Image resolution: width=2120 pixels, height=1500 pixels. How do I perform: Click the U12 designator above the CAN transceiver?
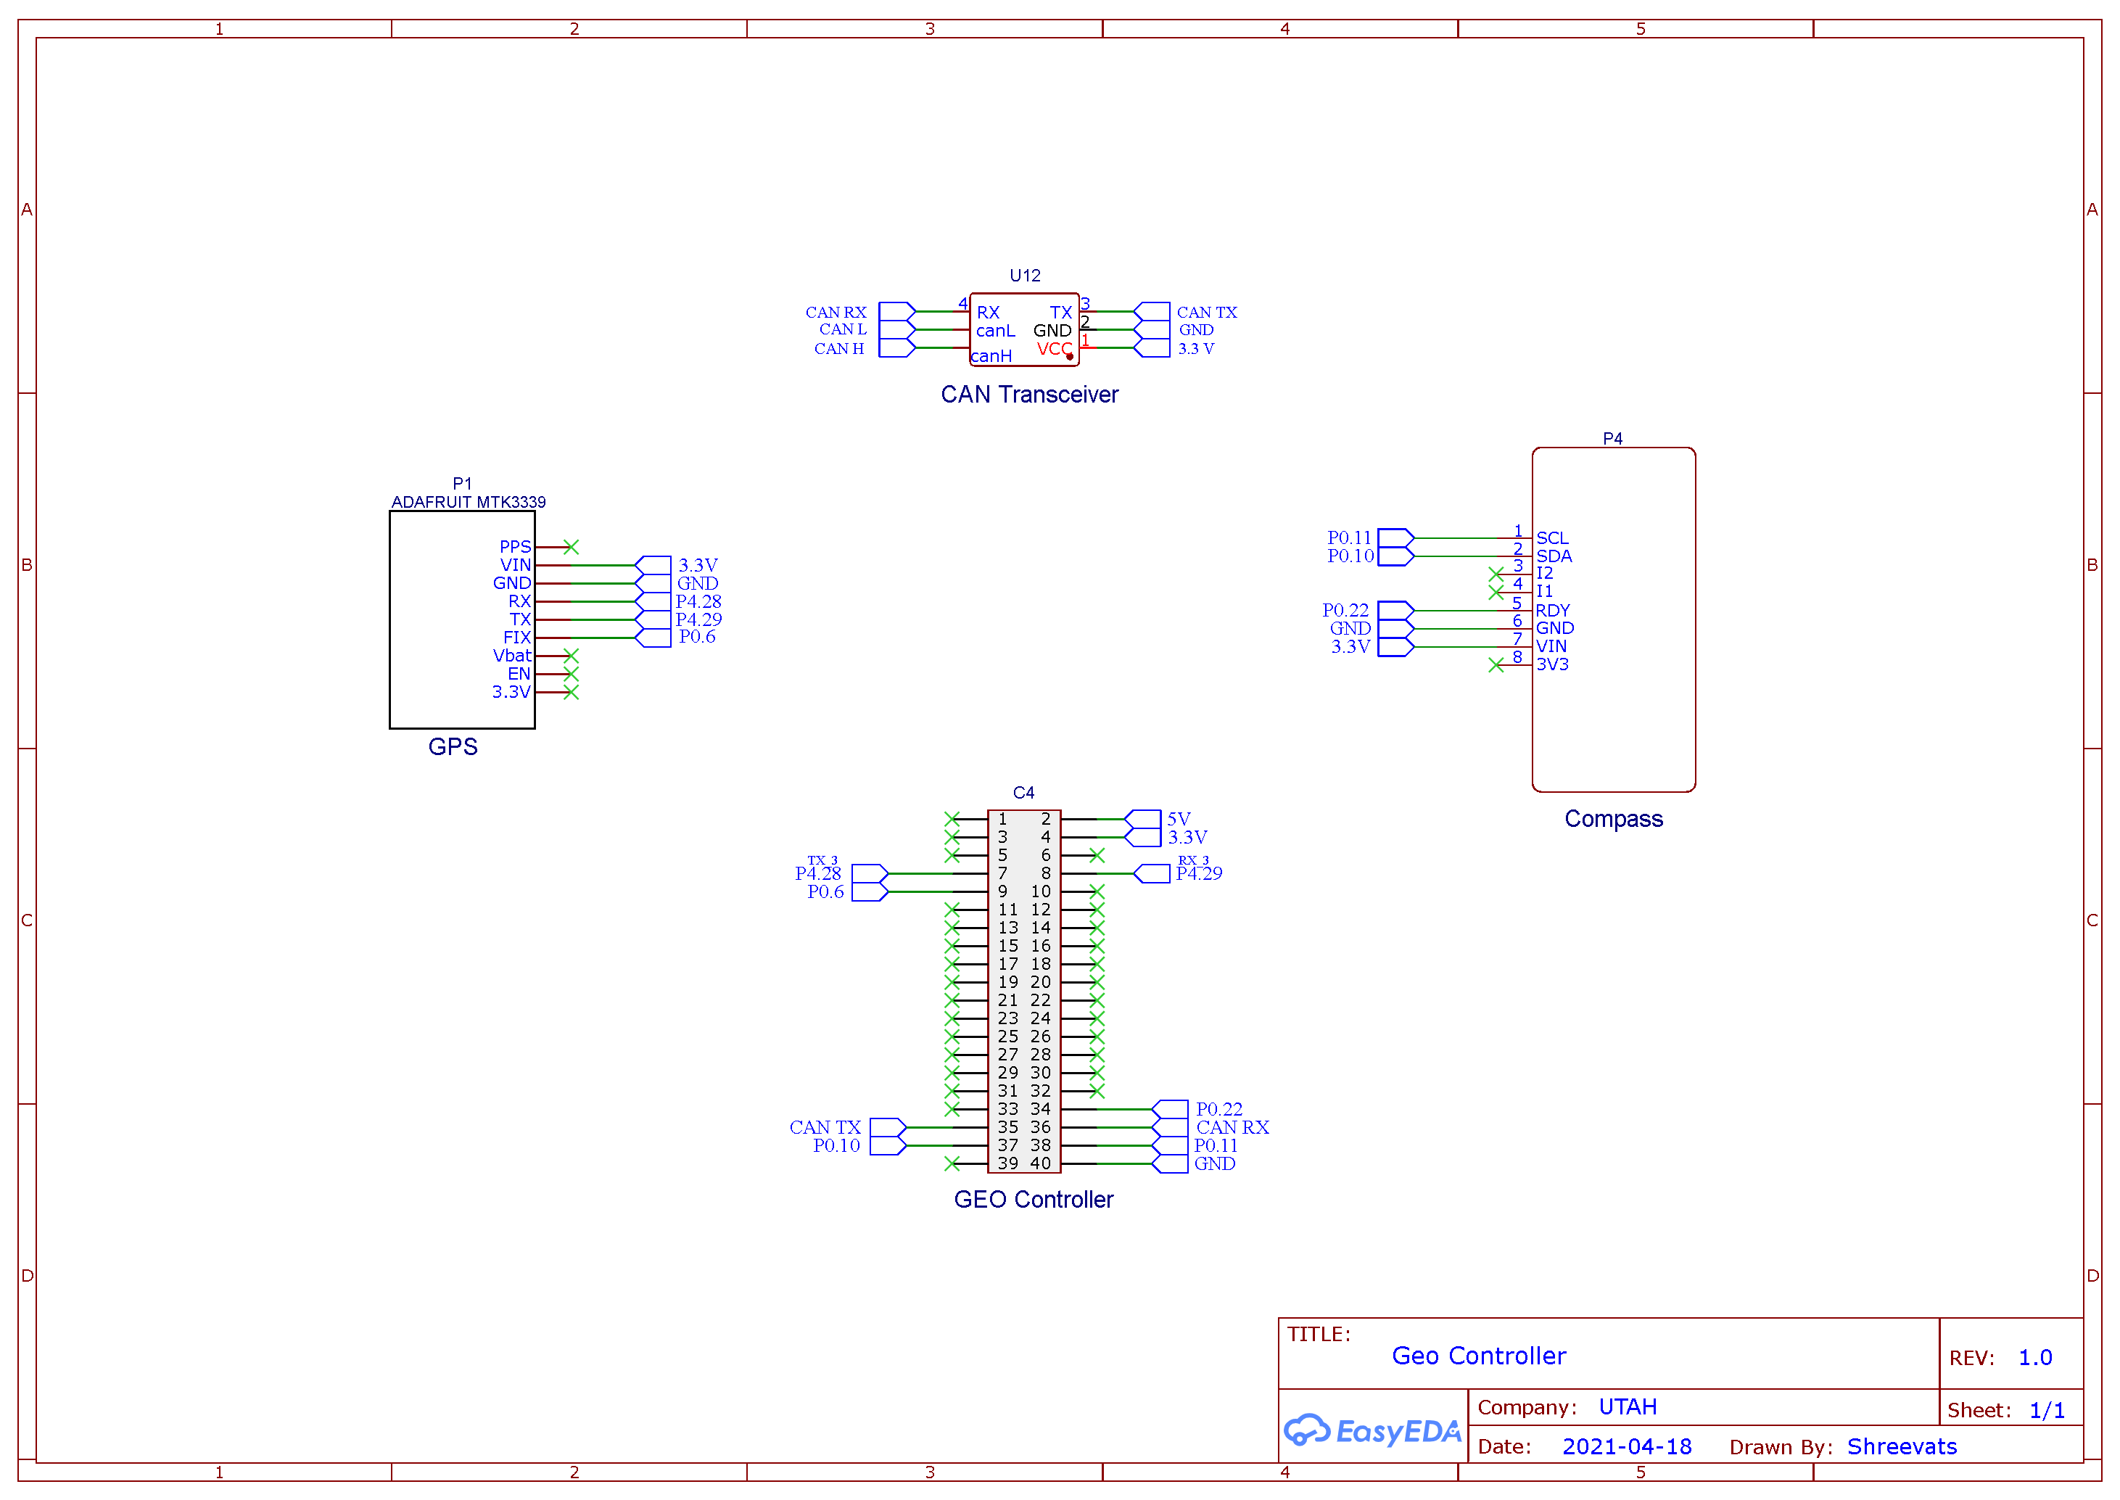1024,275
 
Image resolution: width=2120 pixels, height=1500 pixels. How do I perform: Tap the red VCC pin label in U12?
1054,348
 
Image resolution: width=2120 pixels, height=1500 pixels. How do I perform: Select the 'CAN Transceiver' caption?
1029,395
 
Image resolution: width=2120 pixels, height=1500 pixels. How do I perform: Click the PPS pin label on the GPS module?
515,547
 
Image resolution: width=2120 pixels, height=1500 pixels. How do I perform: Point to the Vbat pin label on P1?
513,656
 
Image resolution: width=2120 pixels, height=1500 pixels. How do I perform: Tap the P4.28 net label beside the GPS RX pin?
698,601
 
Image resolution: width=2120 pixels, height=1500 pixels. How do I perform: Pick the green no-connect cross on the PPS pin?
572,547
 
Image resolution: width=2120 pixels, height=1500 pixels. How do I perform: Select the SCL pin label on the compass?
1552,537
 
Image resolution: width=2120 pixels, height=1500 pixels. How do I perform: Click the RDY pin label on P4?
1552,611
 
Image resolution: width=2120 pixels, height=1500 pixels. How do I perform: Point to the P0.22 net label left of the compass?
1345,611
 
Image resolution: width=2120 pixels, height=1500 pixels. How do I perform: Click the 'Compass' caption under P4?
1613,820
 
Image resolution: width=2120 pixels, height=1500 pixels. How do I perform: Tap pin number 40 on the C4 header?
1041,1163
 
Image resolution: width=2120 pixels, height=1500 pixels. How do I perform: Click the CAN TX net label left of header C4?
825,1128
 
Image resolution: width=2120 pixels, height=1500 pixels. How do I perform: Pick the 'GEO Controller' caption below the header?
1034,1200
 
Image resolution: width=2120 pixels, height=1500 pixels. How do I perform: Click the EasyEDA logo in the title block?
1372,1430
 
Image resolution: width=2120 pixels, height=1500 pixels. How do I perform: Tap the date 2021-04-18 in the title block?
1627,1446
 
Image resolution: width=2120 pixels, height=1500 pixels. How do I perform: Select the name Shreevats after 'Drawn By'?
1902,1446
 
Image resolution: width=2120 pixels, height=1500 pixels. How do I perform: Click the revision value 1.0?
2035,1358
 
